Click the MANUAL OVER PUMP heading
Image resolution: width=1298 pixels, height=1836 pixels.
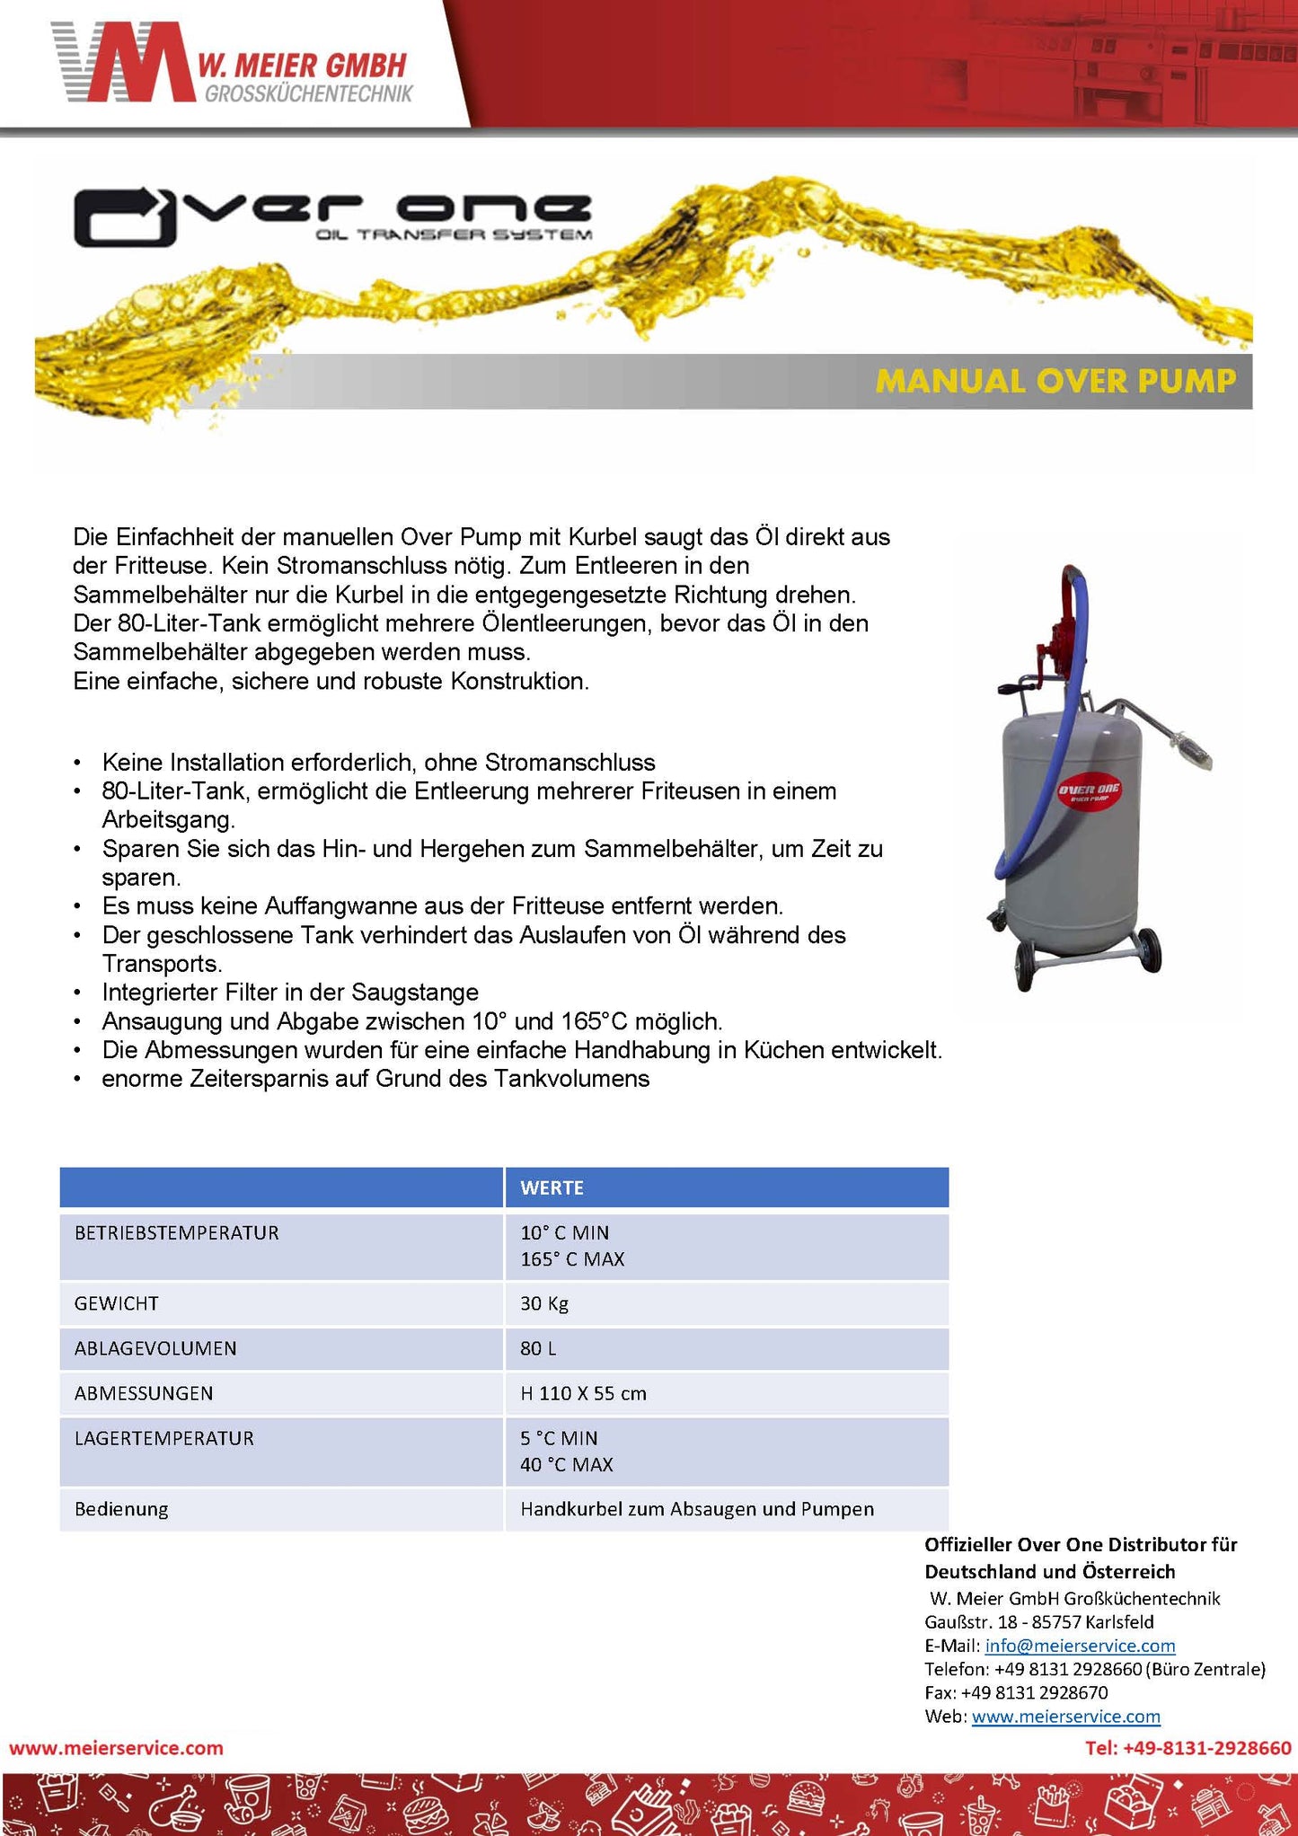pos(1055,381)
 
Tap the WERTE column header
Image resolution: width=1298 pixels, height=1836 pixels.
pos(552,1187)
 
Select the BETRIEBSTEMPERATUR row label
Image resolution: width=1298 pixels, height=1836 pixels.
pos(177,1232)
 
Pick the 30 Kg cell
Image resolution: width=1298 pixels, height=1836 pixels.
pos(544,1303)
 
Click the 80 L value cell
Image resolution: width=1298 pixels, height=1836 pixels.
pos(538,1348)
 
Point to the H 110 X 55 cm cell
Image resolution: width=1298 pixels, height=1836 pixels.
pos(583,1393)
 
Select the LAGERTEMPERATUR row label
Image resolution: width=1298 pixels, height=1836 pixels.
pos(164,1438)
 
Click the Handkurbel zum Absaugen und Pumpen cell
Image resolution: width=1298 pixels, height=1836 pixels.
pos(696,1509)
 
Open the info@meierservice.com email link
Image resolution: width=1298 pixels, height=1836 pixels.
pos(1080,1646)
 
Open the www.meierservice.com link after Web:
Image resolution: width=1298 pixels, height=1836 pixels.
pos(1065,1717)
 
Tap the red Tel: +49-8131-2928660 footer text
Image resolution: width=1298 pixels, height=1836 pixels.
pos(1188,1748)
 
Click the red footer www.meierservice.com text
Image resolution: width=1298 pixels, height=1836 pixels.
pos(116,1748)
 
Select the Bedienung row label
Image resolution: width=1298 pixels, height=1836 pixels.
pos(121,1509)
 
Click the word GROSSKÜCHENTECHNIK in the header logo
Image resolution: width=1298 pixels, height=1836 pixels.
pos(308,93)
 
